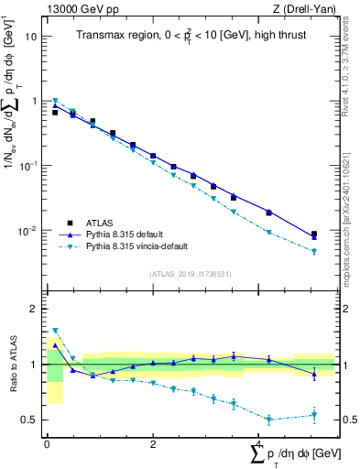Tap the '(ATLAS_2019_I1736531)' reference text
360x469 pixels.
click(x=190, y=273)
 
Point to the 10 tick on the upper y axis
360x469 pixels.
click(x=32, y=37)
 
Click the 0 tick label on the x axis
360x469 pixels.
click(x=47, y=444)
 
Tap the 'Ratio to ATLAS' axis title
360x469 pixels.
click(x=11, y=364)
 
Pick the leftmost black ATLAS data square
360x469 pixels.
click(x=55, y=113)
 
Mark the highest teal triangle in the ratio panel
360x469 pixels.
click(x=55, y=331)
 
